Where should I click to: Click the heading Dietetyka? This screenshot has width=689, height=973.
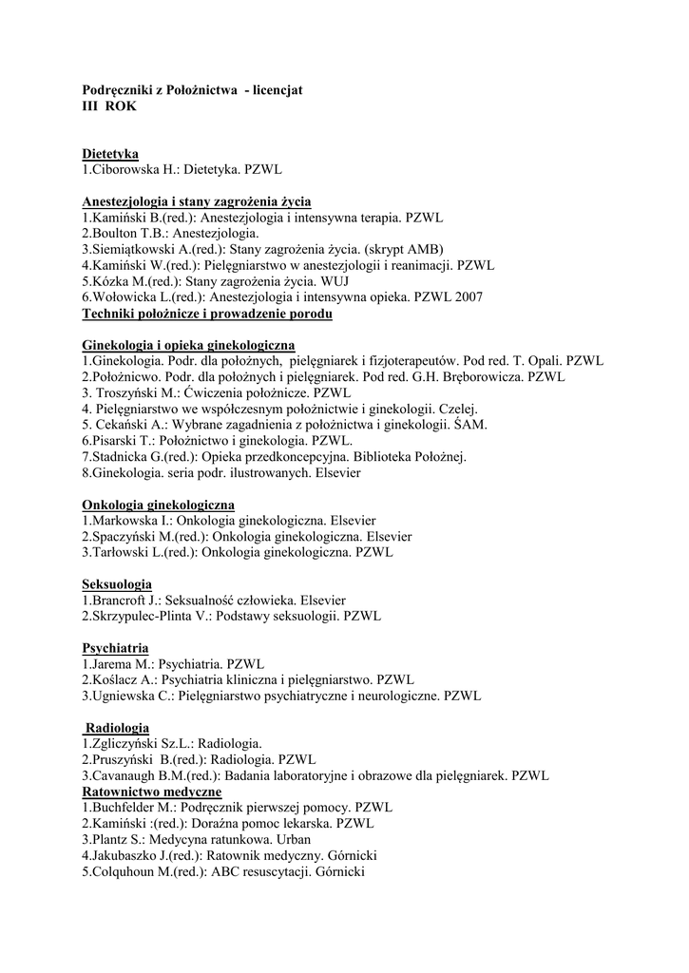(110, 153)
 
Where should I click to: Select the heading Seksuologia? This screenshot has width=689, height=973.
(117, 584)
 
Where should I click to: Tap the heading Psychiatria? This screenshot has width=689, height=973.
(115, 648)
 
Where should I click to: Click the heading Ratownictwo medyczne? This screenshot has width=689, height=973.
(152, 792)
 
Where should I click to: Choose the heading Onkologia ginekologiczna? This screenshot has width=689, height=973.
(159, 505)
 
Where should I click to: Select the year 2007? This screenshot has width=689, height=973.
(467, 297)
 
